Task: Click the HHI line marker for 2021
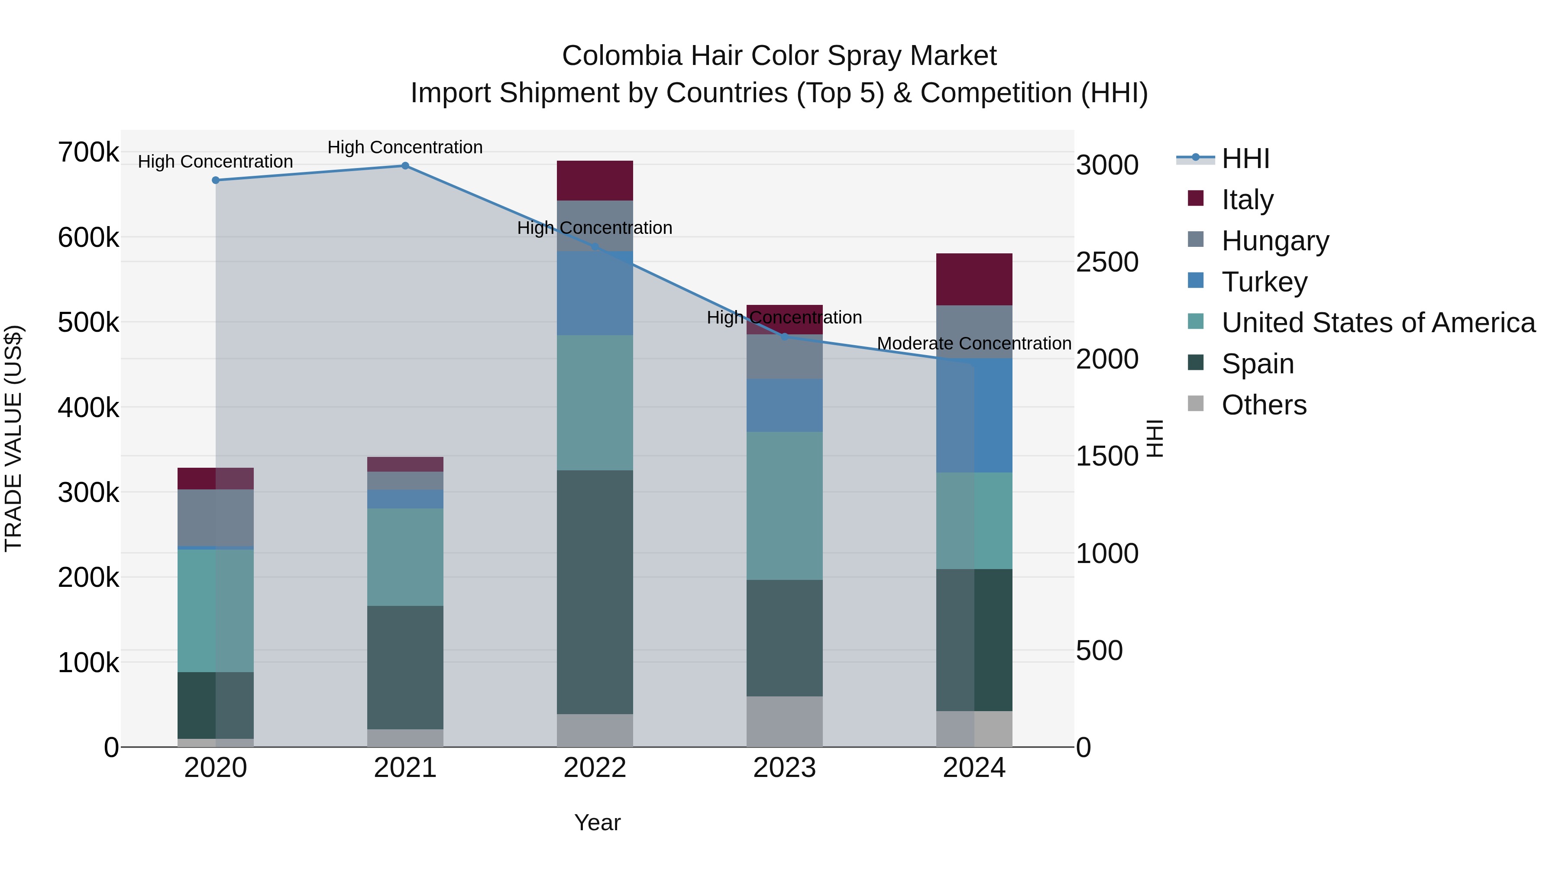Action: coord(405,166)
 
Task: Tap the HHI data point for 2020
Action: coord(216,180)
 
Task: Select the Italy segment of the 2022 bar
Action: coord(594,180)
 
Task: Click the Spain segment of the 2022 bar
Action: coord(594,592)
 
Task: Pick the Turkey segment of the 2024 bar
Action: coord(974,415)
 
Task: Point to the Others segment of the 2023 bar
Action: coord(784,722)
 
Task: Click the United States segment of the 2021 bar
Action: coord(405,557)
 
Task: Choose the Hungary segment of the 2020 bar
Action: coord(216,518)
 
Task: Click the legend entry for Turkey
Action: coord(1264,282)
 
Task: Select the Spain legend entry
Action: coord(1257,364)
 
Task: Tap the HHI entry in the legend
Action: coord(1245,159)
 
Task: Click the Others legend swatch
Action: coord(1195,404)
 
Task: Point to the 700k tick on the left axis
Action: coord(88,152)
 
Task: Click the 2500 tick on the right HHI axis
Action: coord(1106,262)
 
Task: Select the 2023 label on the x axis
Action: coord(784,768)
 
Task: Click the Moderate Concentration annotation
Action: coord(974,343)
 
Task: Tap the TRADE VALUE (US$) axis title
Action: coord(13,438)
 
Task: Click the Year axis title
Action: coord(597,822)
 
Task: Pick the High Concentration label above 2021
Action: coord(405,147)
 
